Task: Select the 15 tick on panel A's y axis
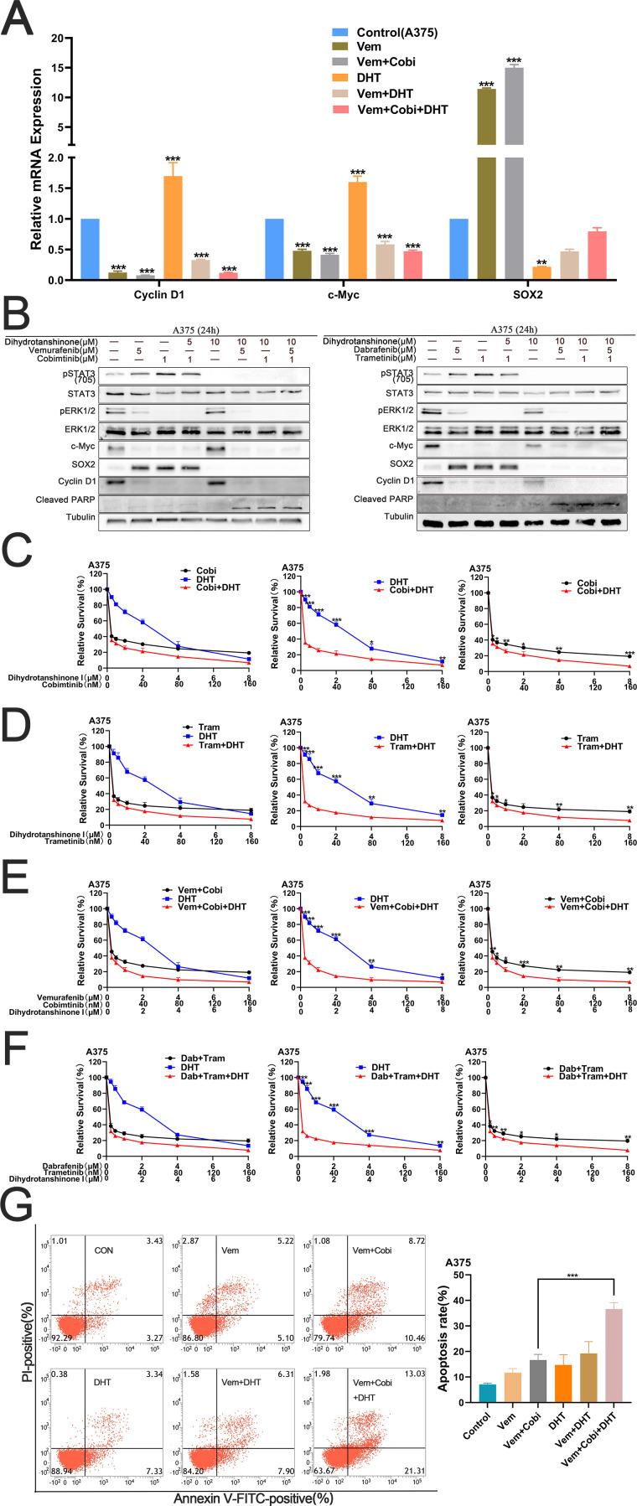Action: (x=57, y=68)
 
